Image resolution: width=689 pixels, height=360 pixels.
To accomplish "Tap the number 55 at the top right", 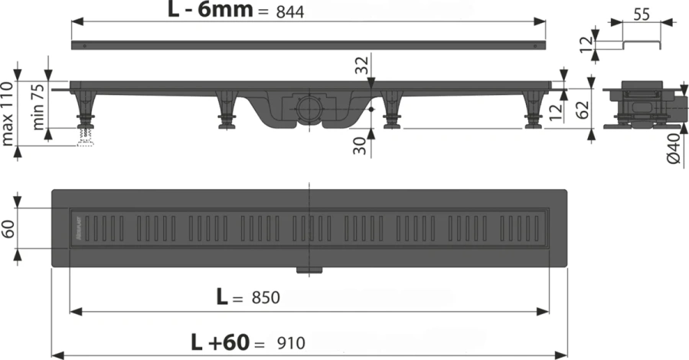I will [x=643, y=13].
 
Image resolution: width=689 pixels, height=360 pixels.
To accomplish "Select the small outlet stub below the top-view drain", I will [x=309, y=269].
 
